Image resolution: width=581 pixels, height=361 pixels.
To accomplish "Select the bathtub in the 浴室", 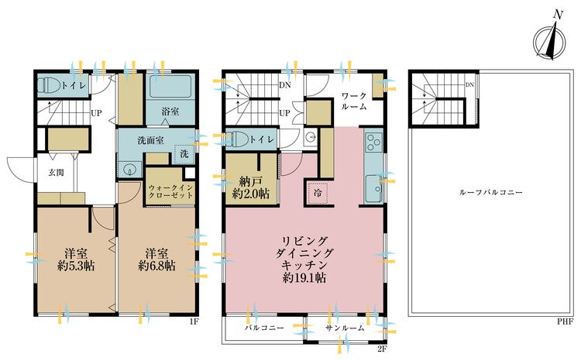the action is click(x=170, y=86).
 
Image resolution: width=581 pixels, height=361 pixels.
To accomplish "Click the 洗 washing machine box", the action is click(x=184, y=154).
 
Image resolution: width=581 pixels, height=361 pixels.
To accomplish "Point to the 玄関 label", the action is click(x=56, y=172).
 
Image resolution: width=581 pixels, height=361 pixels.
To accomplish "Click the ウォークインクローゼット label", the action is click(x=170, y=191).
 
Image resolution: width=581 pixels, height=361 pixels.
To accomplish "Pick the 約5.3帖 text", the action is click(x=75, y=266).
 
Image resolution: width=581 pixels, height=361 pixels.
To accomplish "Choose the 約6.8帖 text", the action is click(x=156, y=266).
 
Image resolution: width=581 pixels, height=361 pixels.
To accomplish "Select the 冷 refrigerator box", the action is click(x=318, y=193).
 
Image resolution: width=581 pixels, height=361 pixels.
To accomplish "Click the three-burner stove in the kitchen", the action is click(x=374, y=142).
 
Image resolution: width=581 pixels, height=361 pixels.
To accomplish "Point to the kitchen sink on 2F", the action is click(x=374, y=188).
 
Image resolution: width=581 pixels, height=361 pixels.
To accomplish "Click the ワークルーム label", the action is click(x=354, y=101).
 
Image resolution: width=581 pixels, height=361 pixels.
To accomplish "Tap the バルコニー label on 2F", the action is click(x=264, y=328).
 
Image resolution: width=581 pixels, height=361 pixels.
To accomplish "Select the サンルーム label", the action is click(x=345, y=328).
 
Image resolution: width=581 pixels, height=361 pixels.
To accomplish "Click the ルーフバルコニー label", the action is click(x=490, y=192).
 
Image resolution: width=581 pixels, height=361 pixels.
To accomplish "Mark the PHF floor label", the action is click(x=566, y=321).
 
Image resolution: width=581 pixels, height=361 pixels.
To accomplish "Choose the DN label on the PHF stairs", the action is click(x=469, y=85).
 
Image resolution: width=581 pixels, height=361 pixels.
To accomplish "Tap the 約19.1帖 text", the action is click(x=304, y=277).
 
